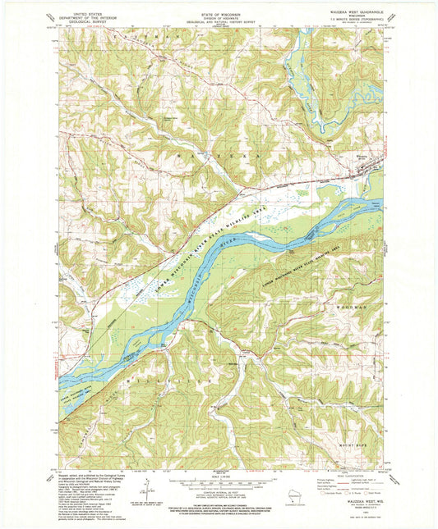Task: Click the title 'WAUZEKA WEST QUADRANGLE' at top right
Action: [360, 10]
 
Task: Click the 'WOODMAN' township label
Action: [355, 304]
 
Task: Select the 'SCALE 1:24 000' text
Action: [219, 476]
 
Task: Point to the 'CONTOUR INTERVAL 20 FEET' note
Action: [219, 491]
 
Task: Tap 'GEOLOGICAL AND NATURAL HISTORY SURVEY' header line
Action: [219, 25]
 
